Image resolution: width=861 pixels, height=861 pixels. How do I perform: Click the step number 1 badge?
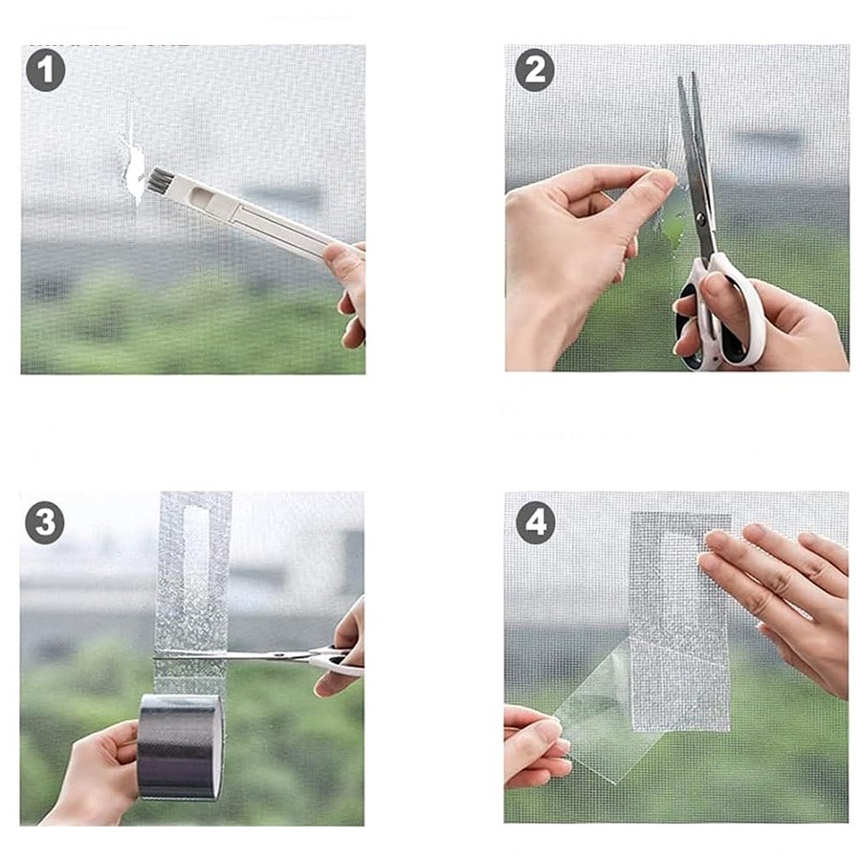[x=46, y=71]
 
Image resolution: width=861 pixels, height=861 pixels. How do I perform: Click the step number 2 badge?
[x=534, y=70]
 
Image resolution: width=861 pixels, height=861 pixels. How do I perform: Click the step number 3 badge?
[x=45, y=523]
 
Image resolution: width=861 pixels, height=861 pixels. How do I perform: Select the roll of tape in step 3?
[x=180, y=747]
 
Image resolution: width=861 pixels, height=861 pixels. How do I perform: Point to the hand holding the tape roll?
[x=94, y=774]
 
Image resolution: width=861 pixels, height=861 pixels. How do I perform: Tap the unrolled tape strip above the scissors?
[x=193, y=571]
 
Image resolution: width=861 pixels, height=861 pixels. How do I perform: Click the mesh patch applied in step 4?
[x=680, y=622]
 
